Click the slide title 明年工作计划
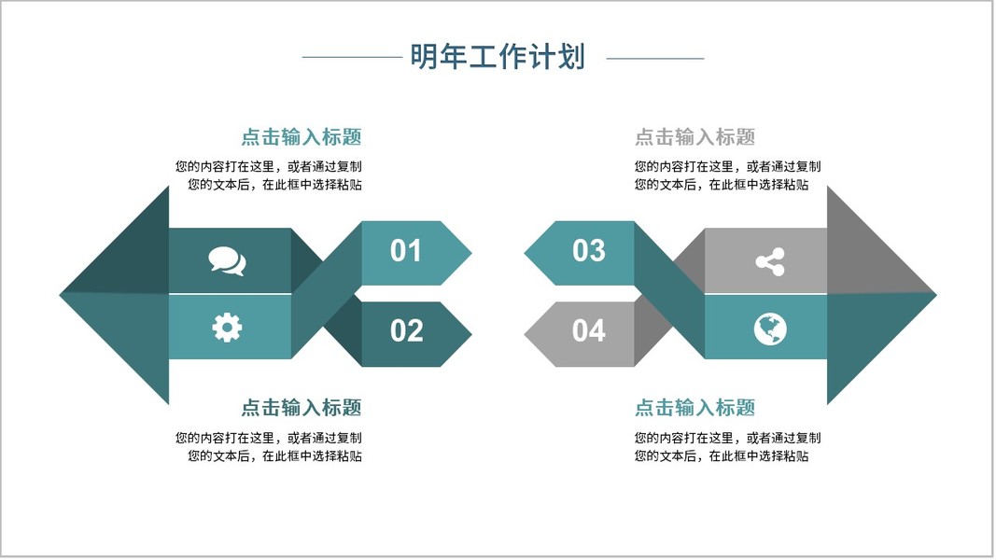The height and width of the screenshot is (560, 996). [x=498, y=57]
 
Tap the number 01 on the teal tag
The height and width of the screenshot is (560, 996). [x=406, y=251]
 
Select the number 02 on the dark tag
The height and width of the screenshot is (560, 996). [x=406, y=331]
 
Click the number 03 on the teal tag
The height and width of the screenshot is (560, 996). [x=588, y=251]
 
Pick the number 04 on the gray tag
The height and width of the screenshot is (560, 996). [x=588, y=331]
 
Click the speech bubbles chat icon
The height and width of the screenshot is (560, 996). [x=227, y=260]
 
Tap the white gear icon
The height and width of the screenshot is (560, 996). [x=227, y=327]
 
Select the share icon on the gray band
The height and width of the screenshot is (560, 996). [x=770, y=262]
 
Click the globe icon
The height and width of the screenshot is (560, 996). [x=770, y=329]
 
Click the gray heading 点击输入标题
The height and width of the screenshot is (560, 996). [x=694, y=137]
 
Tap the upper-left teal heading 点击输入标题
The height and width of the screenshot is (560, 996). [x=301, y=137]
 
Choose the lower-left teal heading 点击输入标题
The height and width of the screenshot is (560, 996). [x=301, y=408]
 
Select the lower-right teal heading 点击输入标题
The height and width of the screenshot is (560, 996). [x=694, y=408]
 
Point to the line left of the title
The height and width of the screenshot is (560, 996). [x=351, y=58]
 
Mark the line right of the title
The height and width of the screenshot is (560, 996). [x=655, y=58]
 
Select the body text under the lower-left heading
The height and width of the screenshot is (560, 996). [x=269, y=446]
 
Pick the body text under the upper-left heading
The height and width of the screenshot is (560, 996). [x=269, y=175]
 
